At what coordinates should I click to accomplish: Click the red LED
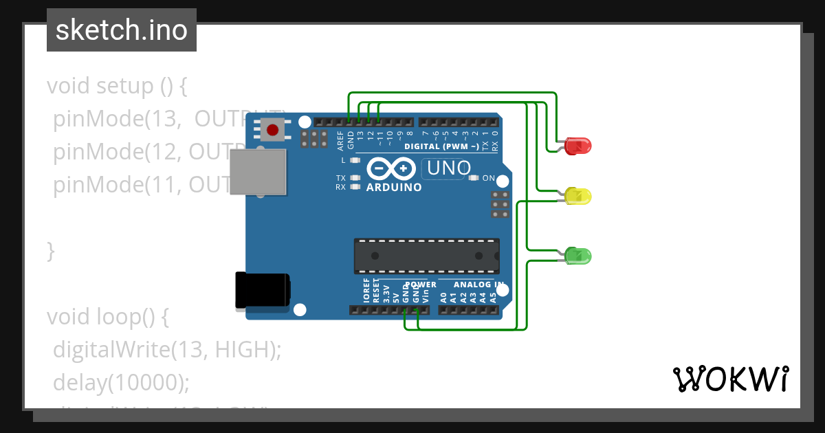(578, 146)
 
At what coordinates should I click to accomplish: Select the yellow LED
(578, 197)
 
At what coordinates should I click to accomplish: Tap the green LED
(578, 256)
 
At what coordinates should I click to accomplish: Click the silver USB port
(258, 172)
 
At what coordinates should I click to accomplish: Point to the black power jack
(262, 290)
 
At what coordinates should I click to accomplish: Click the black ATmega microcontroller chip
(426, 256)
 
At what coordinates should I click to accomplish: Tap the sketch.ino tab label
(122, 30)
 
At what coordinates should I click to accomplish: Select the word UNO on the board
(449, 168)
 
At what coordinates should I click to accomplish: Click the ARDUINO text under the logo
(394, 187)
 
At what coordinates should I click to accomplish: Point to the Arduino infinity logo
(392, 168)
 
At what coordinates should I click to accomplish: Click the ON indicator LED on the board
(473, 178)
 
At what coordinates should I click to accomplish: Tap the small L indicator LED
(355, 160)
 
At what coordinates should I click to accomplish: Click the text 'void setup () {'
(117, 86)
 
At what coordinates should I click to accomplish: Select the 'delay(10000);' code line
(121, 382)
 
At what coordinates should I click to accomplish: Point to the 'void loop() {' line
(107, 317)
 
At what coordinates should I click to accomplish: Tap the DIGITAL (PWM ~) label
(441, 146)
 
